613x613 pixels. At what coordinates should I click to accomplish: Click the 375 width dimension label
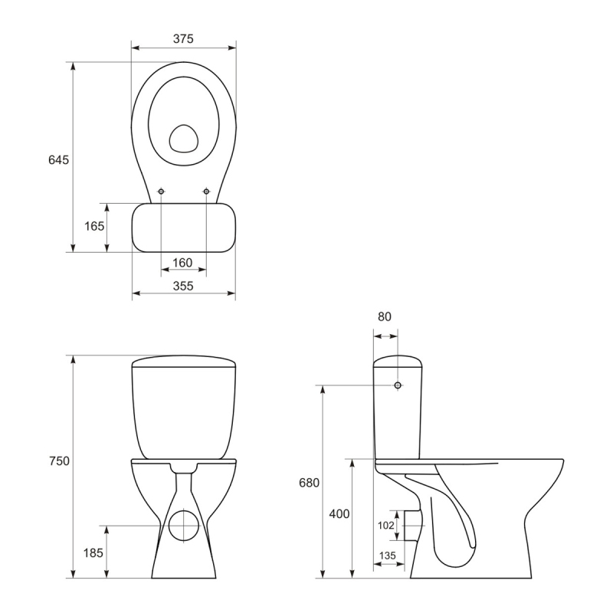coord(183,39)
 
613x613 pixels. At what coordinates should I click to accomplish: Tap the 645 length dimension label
coord(59,160)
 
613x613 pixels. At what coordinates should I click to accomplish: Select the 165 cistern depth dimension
coord(94,226)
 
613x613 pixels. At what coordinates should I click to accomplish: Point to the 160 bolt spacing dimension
coord(182,263)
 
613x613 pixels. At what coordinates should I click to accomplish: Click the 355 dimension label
coord(183,286)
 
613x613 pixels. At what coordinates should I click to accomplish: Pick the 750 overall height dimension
coord(60,461)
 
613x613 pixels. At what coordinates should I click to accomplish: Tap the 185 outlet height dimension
coord(93,552)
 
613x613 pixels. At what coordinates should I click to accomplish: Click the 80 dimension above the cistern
coord(385,316)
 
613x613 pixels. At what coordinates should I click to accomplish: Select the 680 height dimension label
coord(310,483)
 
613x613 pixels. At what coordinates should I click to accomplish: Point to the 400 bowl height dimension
coord(339,513)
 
